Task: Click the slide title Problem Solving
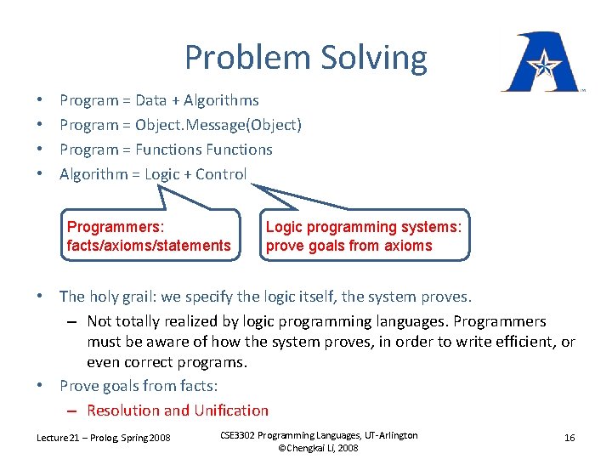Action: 305,58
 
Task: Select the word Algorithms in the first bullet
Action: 221,100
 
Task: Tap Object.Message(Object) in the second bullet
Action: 218,125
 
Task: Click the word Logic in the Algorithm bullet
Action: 162,174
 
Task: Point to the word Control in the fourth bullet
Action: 221,174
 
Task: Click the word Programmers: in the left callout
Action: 116,227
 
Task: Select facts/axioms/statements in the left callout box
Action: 149,246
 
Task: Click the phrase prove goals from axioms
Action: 349,246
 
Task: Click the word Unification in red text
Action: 231,411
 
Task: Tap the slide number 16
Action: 569,437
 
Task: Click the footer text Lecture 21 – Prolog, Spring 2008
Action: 103,437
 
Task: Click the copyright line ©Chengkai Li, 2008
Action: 318,448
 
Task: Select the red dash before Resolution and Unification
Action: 71,411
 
